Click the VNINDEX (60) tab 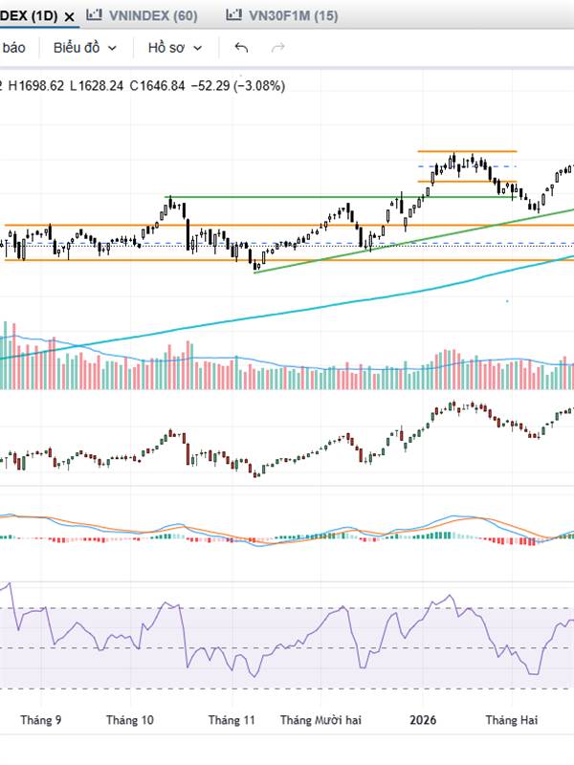[154, 15]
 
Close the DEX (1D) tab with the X [69, 16]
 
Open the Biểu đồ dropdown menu [85, 48]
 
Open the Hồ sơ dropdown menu [175, 48]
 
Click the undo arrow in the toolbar [241, 48]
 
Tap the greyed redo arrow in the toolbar [278, 48]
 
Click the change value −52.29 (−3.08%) [238, 85]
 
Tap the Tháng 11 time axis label [232, 719]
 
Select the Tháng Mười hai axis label [321, 719]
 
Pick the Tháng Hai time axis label [512, 719]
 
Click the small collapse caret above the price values [2, 85]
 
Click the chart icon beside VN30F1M [233, 15]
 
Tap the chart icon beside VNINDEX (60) [93, 15]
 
